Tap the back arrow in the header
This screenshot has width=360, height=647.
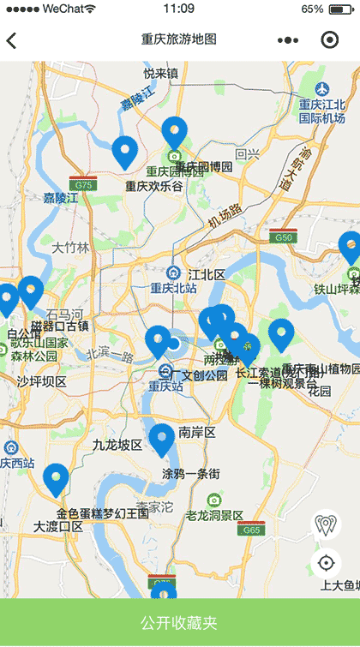11,40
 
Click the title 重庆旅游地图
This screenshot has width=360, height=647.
178,39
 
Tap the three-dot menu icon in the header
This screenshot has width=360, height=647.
289,40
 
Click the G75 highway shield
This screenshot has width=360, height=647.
83,184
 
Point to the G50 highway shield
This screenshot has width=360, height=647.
282,237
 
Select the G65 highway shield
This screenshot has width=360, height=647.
250,530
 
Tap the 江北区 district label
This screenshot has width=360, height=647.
206,274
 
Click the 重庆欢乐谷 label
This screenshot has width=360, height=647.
154,186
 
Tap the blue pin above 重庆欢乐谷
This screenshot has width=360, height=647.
124,151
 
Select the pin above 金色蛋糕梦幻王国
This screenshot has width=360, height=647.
57,479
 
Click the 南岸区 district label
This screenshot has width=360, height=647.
196,432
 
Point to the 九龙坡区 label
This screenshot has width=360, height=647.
117,445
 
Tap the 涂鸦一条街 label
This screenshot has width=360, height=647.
191,473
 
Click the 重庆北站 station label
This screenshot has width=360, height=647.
173,288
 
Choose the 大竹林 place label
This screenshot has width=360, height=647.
70,248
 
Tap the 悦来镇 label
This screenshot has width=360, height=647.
160,74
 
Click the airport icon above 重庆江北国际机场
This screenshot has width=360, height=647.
322,88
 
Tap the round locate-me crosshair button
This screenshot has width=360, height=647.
326,563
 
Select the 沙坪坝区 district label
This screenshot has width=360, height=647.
42,381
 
